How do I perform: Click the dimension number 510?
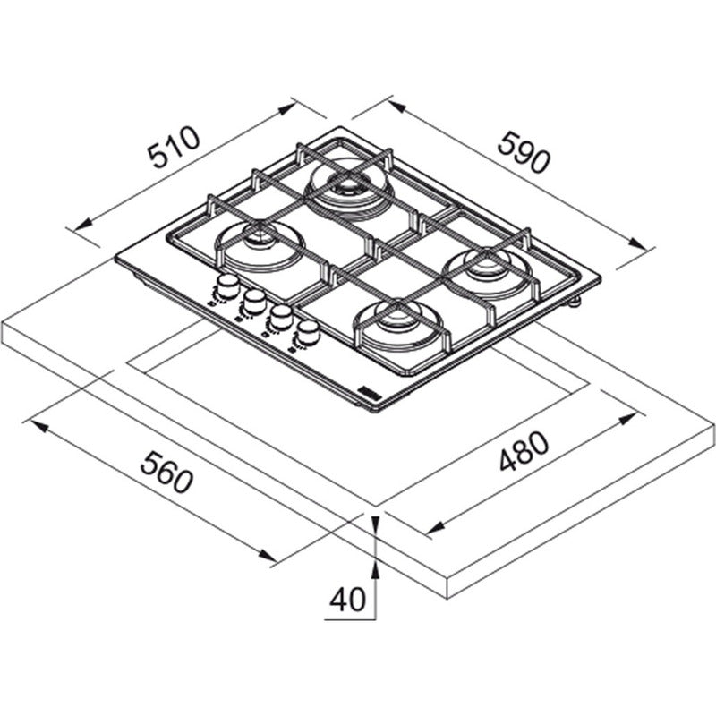click(175, 147)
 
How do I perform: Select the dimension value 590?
click(524, 152)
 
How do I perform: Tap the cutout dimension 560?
click(166, 473)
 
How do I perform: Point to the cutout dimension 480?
click(524, 451)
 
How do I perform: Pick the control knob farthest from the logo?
click(227, 286)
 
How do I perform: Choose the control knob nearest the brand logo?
click(308, 332)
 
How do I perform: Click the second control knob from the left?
click(254, 302)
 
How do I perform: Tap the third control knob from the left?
click(281, 317)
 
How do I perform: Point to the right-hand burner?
click(487, 272)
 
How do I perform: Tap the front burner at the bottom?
click(398, 324)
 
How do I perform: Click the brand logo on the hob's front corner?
click(369, 395)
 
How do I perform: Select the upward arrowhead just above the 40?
click(375, 569)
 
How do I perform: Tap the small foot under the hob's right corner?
click(575, 301)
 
